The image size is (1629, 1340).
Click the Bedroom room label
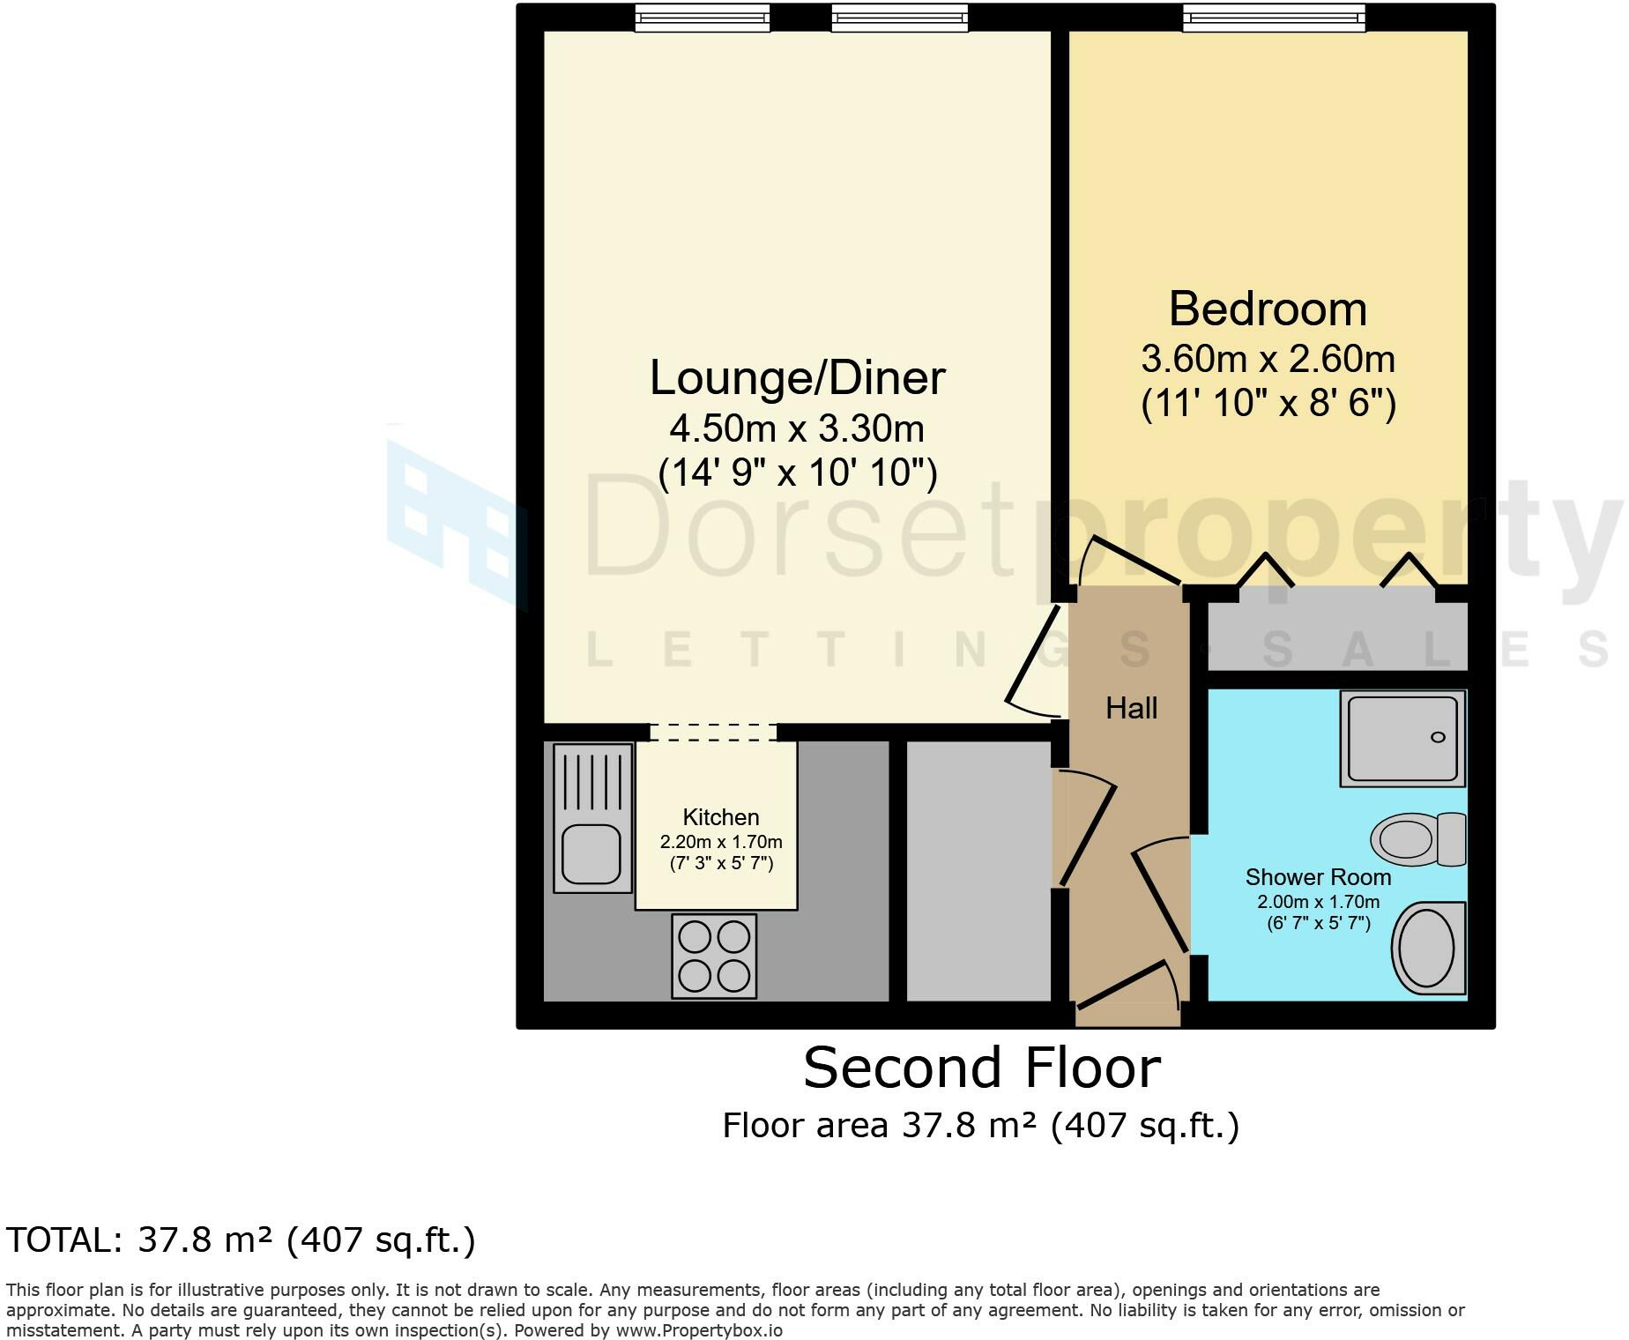[x=1268, y=309]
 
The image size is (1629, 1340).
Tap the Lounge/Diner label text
[x=797, y=378]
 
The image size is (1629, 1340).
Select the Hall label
[x=1131, y=708]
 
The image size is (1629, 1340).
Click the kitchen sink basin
[x=592, y=852]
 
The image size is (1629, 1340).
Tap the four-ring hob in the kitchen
[x=714, y=957]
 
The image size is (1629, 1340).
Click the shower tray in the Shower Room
[x=1402, y=739]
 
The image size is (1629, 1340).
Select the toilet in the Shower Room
[x=1417, y=838]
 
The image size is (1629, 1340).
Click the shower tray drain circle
[x=1438, y=737]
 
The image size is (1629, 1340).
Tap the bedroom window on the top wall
[x=1274, y=17]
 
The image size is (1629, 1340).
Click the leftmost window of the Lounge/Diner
[x=703, y=17]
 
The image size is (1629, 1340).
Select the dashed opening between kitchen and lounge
[x=713, y=732]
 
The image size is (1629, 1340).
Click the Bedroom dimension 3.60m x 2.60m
[x=1268, y=360]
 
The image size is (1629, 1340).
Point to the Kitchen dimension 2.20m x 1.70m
[x=721, y=842]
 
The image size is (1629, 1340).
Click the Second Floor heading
[x=981, y=1068]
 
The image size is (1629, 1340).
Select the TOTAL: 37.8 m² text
[x=241, y=1239]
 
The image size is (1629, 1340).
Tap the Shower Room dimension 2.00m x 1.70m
[x=1318, y=902]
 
